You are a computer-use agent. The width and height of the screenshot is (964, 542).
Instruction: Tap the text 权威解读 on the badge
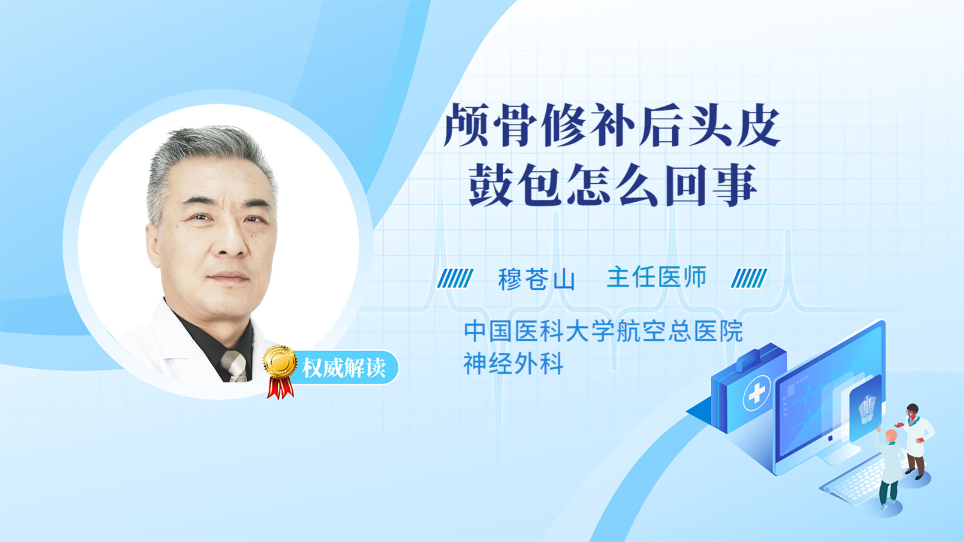343,368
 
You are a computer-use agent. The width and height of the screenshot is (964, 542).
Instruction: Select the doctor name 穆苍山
537,278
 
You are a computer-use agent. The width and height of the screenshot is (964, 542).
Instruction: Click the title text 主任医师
656,276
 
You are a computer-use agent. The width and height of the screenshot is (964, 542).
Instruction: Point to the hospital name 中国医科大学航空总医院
603,331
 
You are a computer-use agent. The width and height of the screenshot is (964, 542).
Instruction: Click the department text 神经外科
513,364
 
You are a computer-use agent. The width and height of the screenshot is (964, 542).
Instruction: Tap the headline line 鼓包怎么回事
612,184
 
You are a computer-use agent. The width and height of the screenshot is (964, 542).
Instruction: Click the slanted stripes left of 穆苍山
455,278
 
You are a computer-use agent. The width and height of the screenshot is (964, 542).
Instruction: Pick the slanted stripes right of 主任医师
749,278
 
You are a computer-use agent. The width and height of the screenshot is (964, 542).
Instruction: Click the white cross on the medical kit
756,393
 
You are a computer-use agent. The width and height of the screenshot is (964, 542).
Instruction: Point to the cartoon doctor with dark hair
916,441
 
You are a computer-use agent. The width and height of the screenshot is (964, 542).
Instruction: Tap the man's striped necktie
234,366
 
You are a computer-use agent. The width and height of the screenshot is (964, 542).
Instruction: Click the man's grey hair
207,163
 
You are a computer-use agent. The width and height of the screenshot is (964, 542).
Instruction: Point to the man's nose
231,241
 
